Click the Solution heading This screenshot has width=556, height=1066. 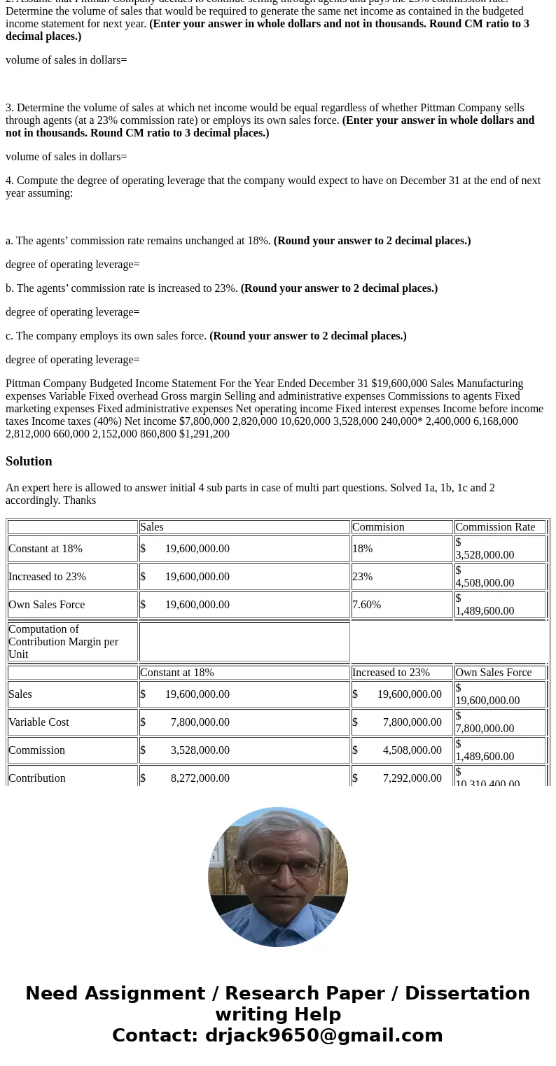coord(29,461)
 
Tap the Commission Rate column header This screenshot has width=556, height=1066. coord(494,527)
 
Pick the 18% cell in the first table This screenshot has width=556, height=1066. coord(362,549)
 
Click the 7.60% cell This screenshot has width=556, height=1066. coord(366,605)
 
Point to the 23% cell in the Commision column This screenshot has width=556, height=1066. coord(362,577)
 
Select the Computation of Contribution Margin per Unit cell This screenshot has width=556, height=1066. coord(63,641)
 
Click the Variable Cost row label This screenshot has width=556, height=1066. coord(39,722)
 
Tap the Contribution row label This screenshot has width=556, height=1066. coord(36,778)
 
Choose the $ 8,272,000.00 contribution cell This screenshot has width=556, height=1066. coord(185,778)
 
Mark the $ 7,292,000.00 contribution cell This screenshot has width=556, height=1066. coord(397,778)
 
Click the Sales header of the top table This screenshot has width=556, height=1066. coord(152,527)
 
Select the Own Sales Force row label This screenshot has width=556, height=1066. coord(46,605)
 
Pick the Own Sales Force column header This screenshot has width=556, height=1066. coord(493,673)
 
